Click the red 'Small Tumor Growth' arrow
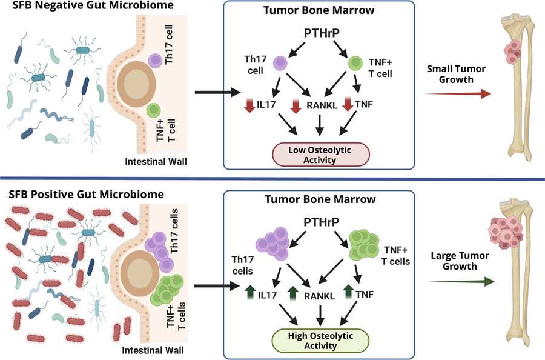click(x=458, y=93)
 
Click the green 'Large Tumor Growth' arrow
click(x=461, y=281)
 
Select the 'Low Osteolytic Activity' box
click(x=320, y=155)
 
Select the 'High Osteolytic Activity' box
click(x=320, y=341)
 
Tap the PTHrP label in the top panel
click(x=322, y=33)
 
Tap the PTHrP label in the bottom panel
click(x=322, y=222)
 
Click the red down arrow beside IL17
click(x=249, y=105)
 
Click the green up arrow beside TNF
click(x=348, y=292)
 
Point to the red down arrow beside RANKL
click(x=296, y=106)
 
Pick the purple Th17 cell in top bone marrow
click(x=280, y=63)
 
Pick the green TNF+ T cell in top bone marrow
click(x=355, y=63)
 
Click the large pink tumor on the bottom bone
click(x=506, y=232)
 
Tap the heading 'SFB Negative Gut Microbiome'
click(x=93, y=5)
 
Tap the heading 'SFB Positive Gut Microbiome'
click(x=86, y=194)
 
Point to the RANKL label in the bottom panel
click(x=319, y=296)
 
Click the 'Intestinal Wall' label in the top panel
click(x=156, y=162)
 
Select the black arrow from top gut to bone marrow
click(x=217, y=93)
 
